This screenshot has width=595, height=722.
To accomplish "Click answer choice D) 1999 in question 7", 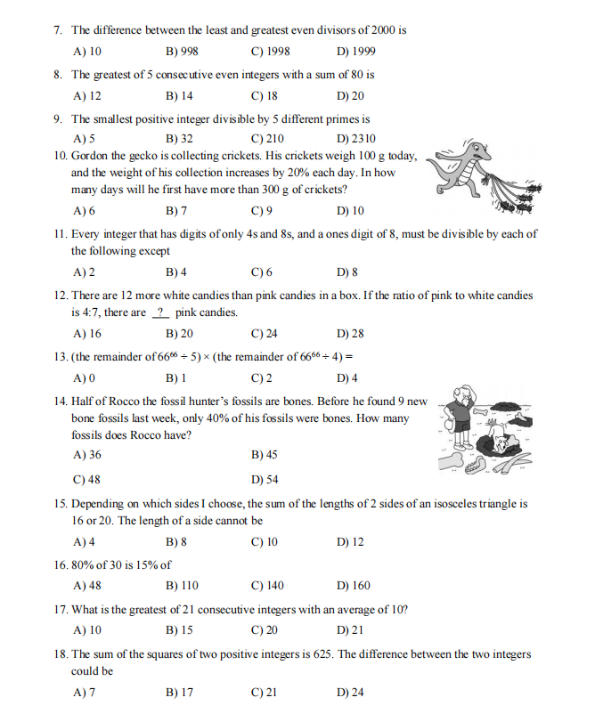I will tap(356, 52).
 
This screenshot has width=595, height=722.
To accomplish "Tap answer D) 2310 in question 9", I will tap(356, 139).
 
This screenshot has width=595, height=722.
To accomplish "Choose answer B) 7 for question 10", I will tap(176, 211).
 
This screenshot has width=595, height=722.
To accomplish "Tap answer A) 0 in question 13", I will tap(85, 377).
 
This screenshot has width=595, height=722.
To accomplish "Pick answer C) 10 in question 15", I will tap(265, 541).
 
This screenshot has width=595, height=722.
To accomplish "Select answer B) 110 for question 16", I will tap(182, 586).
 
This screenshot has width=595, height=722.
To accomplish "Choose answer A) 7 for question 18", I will tap(85, 692).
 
